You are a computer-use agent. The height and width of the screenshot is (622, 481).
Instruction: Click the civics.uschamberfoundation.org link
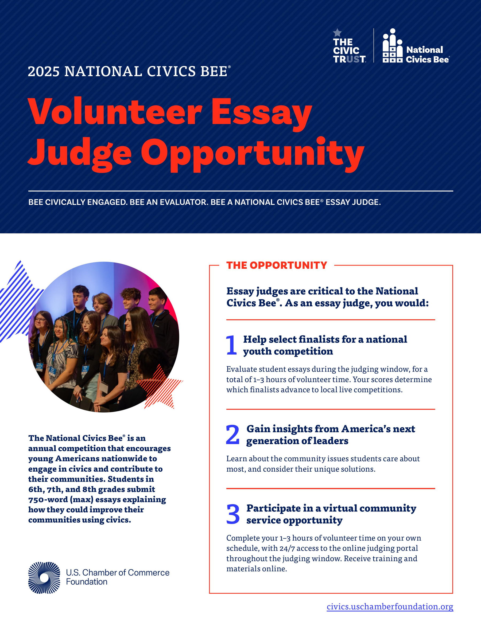pos(390,606)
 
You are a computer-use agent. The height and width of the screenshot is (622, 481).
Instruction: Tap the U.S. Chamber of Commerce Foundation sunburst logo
pos(44,578)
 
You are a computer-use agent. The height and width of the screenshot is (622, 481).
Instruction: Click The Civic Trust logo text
pos(349,50)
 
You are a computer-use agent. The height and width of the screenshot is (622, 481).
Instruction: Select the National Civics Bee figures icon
pos(392,46)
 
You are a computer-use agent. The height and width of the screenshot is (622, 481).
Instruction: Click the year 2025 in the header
pos(44,72)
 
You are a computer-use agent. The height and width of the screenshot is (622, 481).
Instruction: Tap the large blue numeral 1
pos(231,345)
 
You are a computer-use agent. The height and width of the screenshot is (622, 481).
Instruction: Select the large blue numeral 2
pos(232,435)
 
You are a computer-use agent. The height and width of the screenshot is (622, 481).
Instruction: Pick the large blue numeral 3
pos(233,514)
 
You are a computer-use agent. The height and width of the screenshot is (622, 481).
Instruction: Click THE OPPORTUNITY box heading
pos(276,265)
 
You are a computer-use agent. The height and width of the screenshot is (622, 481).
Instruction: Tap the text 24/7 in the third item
pos(289,548)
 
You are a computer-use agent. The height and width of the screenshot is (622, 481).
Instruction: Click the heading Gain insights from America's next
pos(331,429)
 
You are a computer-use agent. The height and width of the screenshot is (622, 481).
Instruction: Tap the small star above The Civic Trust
pos(337,33)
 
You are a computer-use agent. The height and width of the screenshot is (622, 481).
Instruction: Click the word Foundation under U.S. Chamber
pos(87,582)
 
